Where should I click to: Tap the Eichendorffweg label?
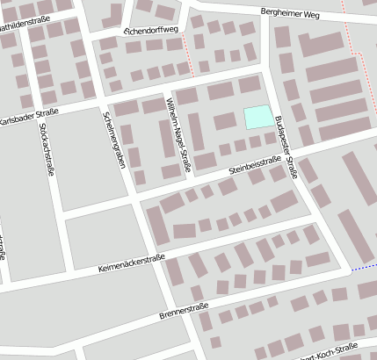(151, 31)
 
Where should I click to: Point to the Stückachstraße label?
(46, 149)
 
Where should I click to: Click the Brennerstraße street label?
(184, 308)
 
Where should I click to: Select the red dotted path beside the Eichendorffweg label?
(187, 56)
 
